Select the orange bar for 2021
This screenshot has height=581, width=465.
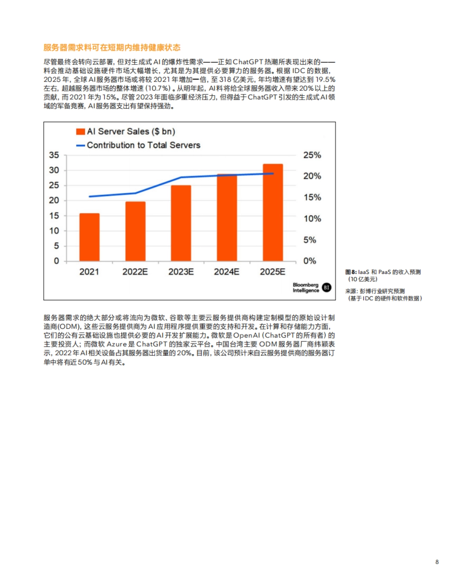90,237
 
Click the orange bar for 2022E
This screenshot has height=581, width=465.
135,231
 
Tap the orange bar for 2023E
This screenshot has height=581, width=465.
181,223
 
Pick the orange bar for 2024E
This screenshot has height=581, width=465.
227,218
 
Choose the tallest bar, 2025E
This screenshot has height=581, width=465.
273,212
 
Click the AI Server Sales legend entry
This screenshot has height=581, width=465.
126,132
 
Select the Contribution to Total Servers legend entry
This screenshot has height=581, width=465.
138,145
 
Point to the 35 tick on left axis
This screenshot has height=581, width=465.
54,155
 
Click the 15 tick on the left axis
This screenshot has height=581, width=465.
54,216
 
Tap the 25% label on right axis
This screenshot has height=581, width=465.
312,155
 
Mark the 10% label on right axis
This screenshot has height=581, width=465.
312,219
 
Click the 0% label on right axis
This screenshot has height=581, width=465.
310,261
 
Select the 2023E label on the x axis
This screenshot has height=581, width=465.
181,272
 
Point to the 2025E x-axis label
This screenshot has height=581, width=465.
272,272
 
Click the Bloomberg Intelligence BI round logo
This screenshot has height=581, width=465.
327,287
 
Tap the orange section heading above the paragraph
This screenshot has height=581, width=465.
112,48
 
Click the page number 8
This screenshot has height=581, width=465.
437,562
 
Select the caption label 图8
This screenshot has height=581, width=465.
351,272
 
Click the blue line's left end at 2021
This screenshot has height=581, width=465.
90,197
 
